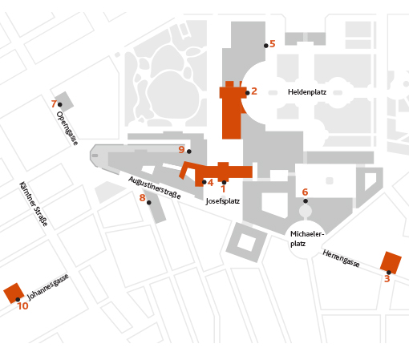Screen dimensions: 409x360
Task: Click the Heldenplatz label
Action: (307, 92)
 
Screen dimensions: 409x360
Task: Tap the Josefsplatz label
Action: (222, 201)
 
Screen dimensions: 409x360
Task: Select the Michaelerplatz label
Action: (307, 239)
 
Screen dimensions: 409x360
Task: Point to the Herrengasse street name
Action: (341, 258)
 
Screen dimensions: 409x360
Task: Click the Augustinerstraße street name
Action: (155, 188)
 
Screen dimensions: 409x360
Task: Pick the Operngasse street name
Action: (67, 128)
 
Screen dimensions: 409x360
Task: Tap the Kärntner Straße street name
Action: (34, 204)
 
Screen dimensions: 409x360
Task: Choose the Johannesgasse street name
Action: (48, 287)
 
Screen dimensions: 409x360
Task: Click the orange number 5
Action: (273, 43)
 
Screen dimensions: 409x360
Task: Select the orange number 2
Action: (254, 91)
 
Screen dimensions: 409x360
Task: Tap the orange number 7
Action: (54, 103)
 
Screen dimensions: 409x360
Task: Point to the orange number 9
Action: (181, 149)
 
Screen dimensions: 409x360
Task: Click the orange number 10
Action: (23, 306)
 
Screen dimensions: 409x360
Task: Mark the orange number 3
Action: (387, 279)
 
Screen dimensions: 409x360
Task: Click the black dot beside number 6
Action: (306, 201)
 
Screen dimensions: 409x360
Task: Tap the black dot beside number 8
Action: (149, 203)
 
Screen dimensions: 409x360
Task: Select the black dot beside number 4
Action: (204, 182)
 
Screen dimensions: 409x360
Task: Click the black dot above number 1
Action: (224, 183)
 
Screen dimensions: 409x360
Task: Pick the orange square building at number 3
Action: (391, 263)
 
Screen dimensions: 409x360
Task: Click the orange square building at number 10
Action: (14, 293)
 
